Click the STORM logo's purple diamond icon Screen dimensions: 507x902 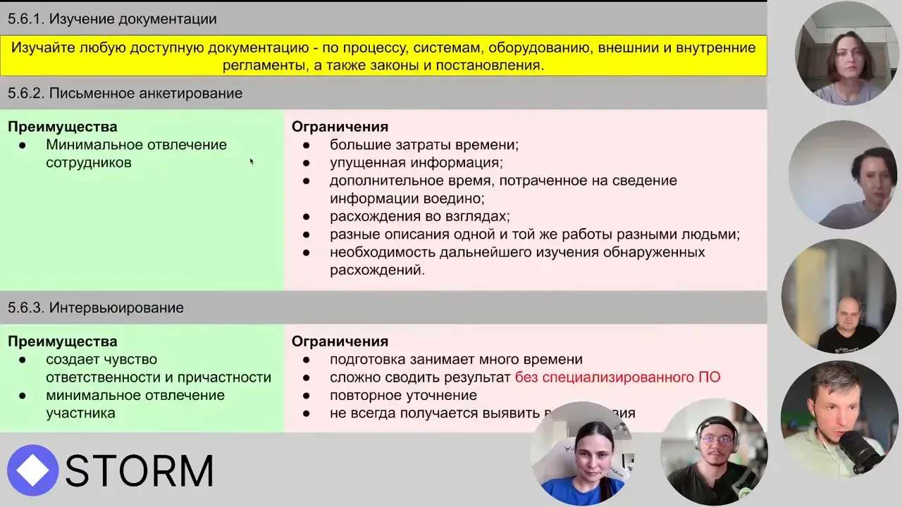coord(32,470)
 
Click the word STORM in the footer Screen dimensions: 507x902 coord(140,471)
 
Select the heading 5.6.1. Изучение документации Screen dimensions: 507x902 coord(112,19)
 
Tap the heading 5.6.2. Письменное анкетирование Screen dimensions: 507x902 coord(125,93)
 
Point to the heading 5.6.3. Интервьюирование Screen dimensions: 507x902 coord(96,308)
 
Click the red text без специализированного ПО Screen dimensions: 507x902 coord(617,377)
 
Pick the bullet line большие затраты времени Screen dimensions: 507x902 coord(424,145)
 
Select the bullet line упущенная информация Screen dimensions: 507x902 coord(416,163)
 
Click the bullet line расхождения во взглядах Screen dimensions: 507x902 coord(419,216)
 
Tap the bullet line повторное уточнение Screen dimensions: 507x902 coord(403,395)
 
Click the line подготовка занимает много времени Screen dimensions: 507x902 coord(456,359)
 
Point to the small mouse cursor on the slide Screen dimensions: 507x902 coord(251,161)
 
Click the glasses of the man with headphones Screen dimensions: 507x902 coord(717,441)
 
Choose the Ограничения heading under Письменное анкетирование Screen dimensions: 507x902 coord(340,127)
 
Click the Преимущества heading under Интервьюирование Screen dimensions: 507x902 coord(62,342)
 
